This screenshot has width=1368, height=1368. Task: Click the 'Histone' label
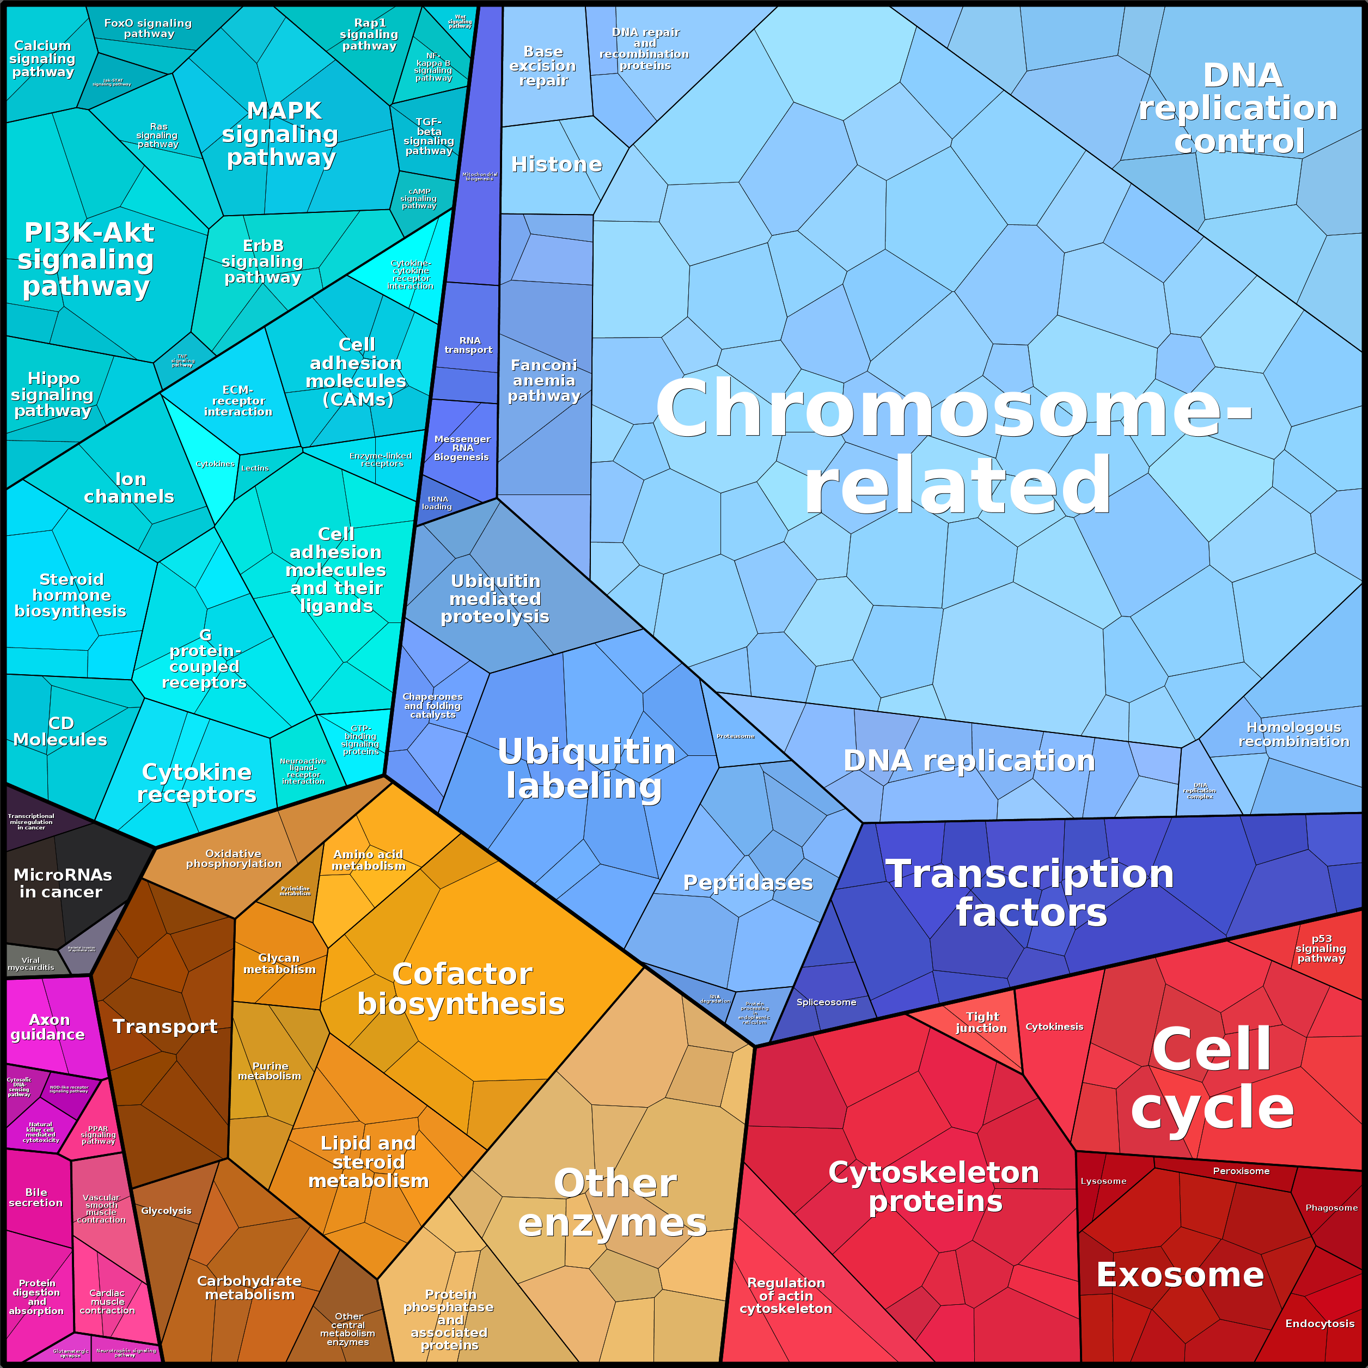click(x=557, y=164)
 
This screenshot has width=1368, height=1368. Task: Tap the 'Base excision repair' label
click(x=543, y=66)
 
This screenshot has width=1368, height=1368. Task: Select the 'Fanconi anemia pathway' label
click(x=544, y=380)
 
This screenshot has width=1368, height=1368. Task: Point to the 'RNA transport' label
click(x=469, y=345)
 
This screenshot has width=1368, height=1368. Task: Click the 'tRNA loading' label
click(x=437, y=503)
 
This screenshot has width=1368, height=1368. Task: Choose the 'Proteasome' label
click(x=736, y=736)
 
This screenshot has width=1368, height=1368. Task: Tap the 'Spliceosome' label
click(x=826, y=1002)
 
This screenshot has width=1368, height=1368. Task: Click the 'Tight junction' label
click(x=981, y=1022)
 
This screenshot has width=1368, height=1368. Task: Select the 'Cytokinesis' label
click(x=1054, y=1026)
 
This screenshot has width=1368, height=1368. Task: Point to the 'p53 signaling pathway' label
click(x=1321, y=948)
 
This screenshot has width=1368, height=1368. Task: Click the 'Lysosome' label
click(x=1103, y=1181)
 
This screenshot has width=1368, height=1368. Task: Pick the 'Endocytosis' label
click(x=1320, y=1323)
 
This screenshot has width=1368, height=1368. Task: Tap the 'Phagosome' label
click(x=1331, y=1207)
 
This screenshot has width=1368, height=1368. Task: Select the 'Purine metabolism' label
click(x=270, y=1071)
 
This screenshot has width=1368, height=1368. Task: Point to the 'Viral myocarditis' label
click(x=30, y=964)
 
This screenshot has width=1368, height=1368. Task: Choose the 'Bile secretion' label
click(x=35, y=1198)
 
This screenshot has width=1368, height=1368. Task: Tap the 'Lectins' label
click(x=255, y=468)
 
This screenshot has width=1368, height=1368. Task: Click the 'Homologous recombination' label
click(x=1293, y=734)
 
